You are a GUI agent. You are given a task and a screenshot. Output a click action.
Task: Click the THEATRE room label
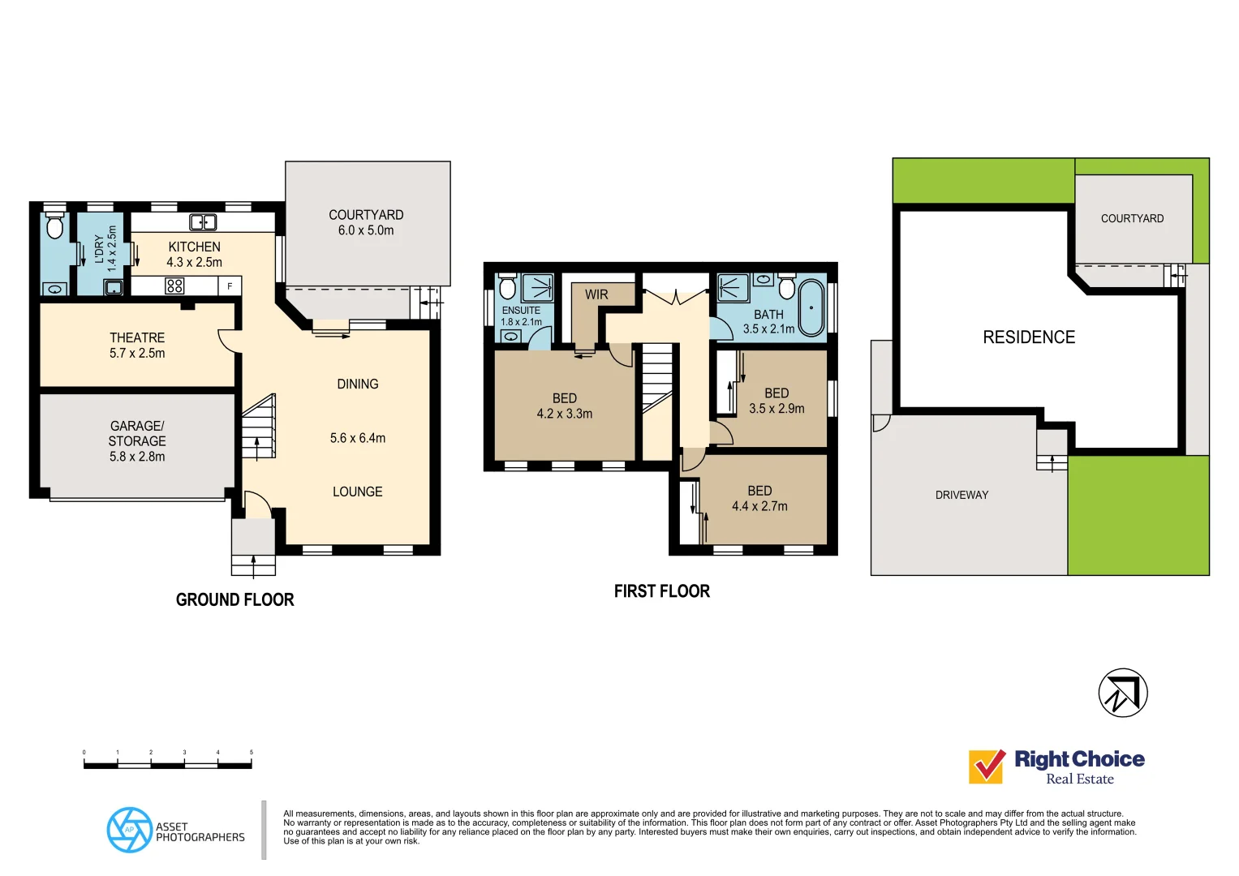pyautogui.click(x=137, y=337)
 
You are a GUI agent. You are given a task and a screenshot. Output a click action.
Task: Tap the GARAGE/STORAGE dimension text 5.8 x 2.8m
pyautogui.click(x=137, y=457)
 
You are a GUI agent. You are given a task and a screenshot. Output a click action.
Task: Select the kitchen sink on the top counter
pyautogui.click(x=203, y=222)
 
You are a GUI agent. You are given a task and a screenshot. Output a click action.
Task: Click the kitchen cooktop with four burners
pyautogui.click(x=174, y=286)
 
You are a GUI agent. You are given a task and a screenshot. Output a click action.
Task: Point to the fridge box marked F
pyautogui.click(x=230, y=286)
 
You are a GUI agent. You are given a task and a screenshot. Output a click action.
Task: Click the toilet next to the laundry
pyautogui.click(x=54, y=226)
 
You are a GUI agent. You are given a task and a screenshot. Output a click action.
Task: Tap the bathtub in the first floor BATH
pyautogui.click(x=811, y=308)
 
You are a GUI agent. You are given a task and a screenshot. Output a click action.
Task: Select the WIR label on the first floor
pyautogui.click(x=596, y=294)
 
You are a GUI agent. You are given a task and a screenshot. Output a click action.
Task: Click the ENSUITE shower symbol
pyautogui.click(x=537, y=288)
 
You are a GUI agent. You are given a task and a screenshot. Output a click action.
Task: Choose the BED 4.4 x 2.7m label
pyautogui.click(x=759, y=498)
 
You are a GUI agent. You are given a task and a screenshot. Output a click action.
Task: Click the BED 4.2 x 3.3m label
pyautogui.click(x=565, y=406)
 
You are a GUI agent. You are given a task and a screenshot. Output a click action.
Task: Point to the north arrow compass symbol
pyautogui.click(x=1123, y=693)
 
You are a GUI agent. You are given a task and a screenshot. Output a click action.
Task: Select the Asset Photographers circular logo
pyautogui.click(x=130, y=830)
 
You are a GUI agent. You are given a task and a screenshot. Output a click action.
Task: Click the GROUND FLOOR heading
pyautogui.click(x=235, y=600)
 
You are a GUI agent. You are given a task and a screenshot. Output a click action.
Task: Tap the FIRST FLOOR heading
pyautogui.click(x=662, y=591)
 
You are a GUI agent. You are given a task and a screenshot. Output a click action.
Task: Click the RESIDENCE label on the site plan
pyautogui.click(x=1029, y=337)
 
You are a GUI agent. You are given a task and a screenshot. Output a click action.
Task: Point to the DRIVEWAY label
pyautogui.click(x=962, y=495)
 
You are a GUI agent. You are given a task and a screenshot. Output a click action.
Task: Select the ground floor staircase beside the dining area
pyautogui.click(x=260, y=427)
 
